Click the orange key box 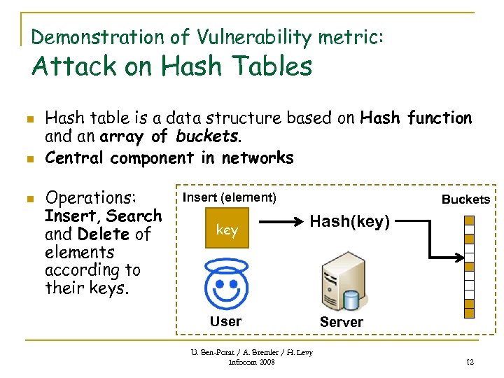point(227,230)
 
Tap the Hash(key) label point(349,222)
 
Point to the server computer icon point(341,283)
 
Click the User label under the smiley point(225,321)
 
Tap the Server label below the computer point(341,322)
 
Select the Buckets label point(465,199)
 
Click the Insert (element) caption point(230,198)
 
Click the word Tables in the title point(267,67)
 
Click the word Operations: point(94,197)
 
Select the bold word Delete point(104,234)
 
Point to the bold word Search point(134,216)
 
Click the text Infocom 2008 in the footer point(252,362)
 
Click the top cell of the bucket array point(469,220)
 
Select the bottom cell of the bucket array point(469,313)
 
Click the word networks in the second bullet point(258,158)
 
